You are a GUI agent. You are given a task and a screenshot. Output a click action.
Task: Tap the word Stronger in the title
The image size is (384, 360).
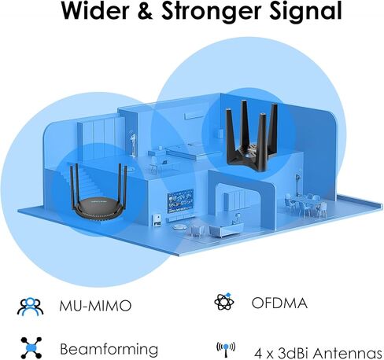click(x=212, y=12)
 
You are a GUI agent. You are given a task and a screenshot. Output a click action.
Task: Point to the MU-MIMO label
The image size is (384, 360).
click(x=95, y=306)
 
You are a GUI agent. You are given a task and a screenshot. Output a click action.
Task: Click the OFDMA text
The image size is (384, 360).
click(x=279, y=303)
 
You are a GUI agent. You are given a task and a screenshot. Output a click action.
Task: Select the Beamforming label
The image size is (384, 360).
click(x=109, y=349)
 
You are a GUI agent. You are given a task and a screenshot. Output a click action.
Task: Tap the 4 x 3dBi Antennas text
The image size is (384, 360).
click(x=318, y=353)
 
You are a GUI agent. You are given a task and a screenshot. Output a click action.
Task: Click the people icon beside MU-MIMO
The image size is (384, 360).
click(x=30, y=306)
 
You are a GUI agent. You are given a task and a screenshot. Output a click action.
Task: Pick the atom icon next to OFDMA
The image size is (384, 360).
click(x=224, y=302)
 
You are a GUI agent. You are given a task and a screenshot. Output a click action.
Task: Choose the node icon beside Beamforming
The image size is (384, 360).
click(x=31, y=347)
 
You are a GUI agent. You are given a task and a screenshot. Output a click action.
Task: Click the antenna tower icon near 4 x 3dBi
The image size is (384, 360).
click(x=226, y=350)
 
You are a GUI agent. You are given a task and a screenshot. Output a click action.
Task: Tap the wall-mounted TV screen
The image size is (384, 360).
click(x=180, y=200)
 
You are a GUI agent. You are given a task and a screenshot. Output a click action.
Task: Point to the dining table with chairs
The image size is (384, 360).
click(x=305, y=204)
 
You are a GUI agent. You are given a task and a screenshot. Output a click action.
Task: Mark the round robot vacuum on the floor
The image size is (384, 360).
click(x=180, y=227)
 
